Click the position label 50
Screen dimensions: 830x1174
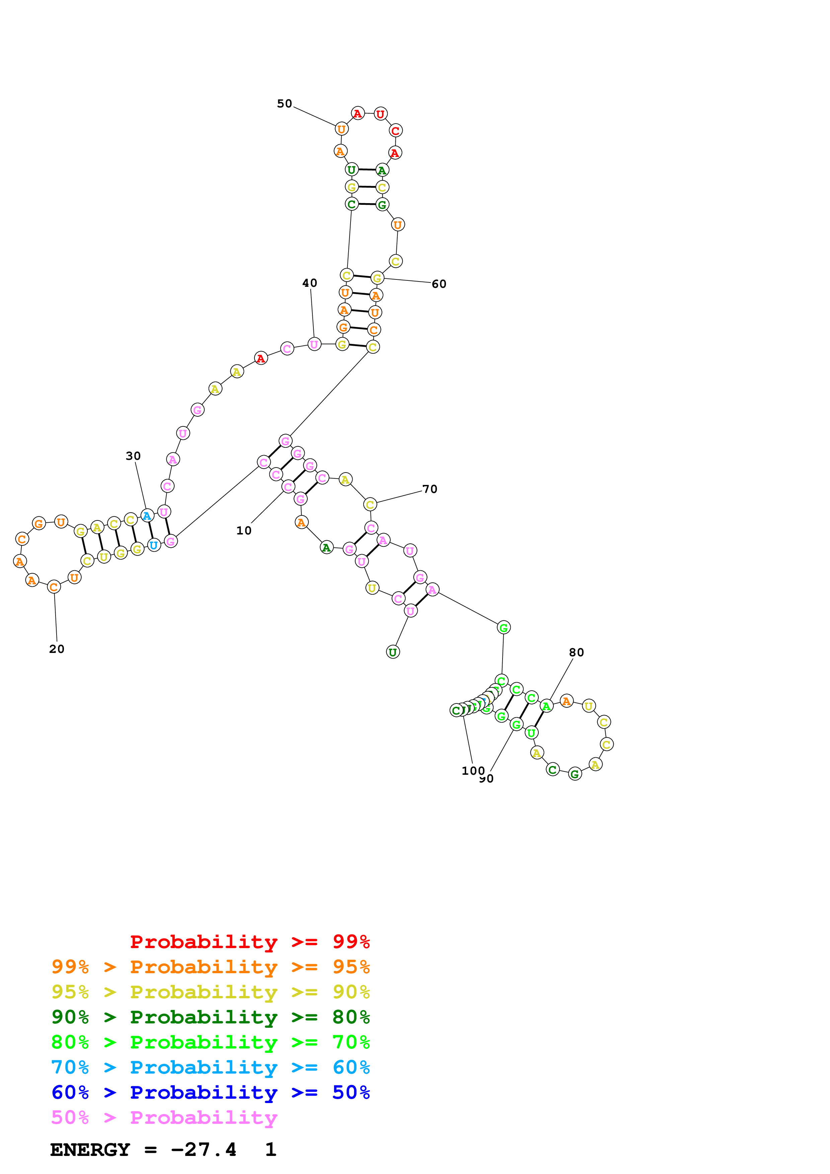tap(284, 104)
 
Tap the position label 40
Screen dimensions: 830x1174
tap(309, 283)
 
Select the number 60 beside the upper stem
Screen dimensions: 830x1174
tap(439, 284)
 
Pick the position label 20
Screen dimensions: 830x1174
tap(57, 649)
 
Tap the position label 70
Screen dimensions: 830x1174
tap(430, 489)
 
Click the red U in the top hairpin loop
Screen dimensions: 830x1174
tap(380, 114)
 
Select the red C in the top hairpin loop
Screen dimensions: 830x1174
tap(395, 131)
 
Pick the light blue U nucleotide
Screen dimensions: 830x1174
tap(153, 545)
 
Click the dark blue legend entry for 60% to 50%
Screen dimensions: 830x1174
tap(210, 1092)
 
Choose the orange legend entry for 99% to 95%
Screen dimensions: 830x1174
tap(210, 967)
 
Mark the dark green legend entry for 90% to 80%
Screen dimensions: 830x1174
tap(210, 1017)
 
